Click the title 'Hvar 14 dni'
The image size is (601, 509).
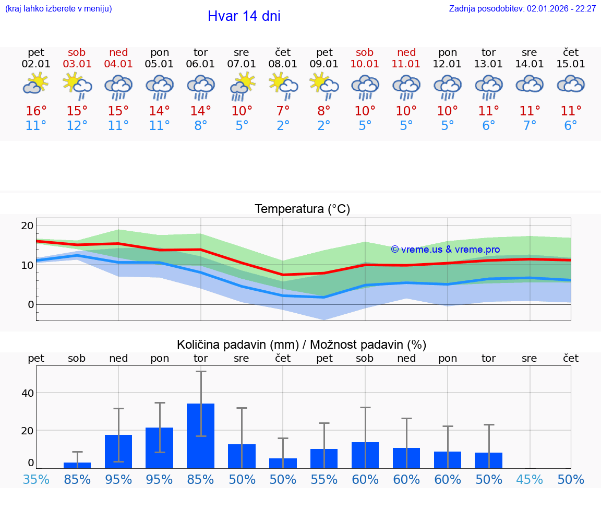coord(244,16)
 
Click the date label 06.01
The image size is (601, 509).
coord(200,64)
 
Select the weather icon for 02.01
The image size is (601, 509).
coord(35,84)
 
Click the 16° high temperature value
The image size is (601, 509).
coord(36,111)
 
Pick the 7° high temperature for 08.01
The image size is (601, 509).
coord(283,111)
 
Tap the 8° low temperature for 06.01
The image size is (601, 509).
coord(200,126)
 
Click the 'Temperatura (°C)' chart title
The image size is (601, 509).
coord(302,209)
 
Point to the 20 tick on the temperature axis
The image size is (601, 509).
coord(27,226)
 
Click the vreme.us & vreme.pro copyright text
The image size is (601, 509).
coord(445,250)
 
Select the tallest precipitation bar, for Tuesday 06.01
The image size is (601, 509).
coord(200,436)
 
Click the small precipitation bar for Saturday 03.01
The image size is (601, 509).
coord(77,465)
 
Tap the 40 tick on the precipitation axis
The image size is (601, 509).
coord(27,393)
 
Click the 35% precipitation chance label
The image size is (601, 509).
coord(36,480)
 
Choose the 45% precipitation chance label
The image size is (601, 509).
coord(530,480)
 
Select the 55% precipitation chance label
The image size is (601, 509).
coord(324,480)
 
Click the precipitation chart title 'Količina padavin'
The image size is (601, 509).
coord(302,345)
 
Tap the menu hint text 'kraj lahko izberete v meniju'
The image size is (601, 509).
coord(58,9)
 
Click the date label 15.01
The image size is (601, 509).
coord(571,64)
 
